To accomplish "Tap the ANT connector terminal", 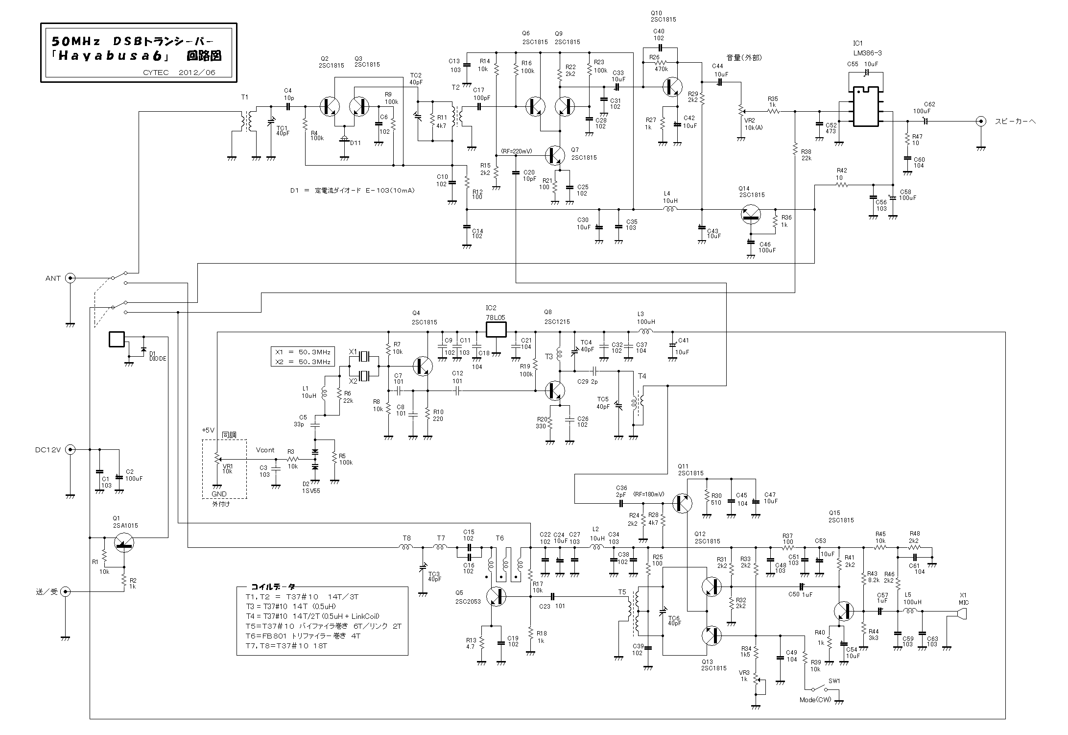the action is click(71, 278).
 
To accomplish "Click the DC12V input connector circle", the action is click(71, 449).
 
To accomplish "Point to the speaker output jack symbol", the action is click(980, 122).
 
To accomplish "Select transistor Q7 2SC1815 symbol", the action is click(555, 155).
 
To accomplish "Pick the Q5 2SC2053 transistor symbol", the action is click(497, 596).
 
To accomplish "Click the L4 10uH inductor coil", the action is click(670, 209).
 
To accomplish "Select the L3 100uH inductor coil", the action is click(645, 331).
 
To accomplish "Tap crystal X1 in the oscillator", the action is click(365, 356).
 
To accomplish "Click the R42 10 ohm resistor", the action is click(841, 185).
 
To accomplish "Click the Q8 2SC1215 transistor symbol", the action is click(555, 391).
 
